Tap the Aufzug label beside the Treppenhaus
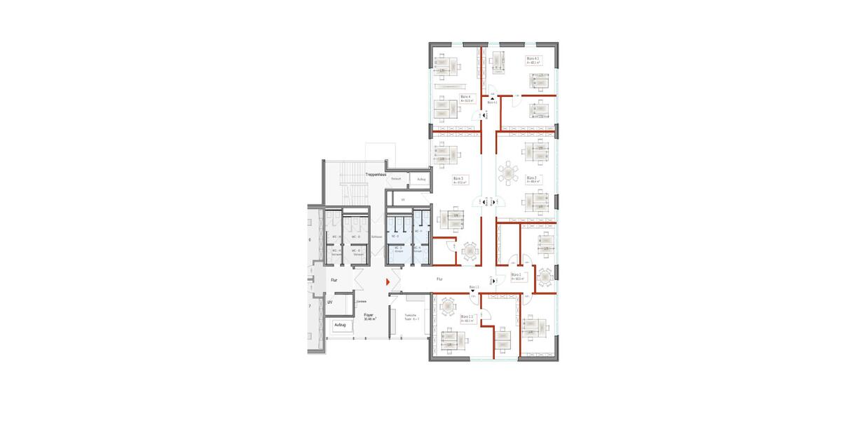421,180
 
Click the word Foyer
369,315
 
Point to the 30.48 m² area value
369,319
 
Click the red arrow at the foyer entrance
387,281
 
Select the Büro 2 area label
531,180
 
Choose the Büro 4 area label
466,99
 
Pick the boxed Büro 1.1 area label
467,319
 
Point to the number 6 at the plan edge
309,240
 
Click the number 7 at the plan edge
309,307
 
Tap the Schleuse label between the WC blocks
376,237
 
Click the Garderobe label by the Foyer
362,302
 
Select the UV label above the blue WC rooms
403,200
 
